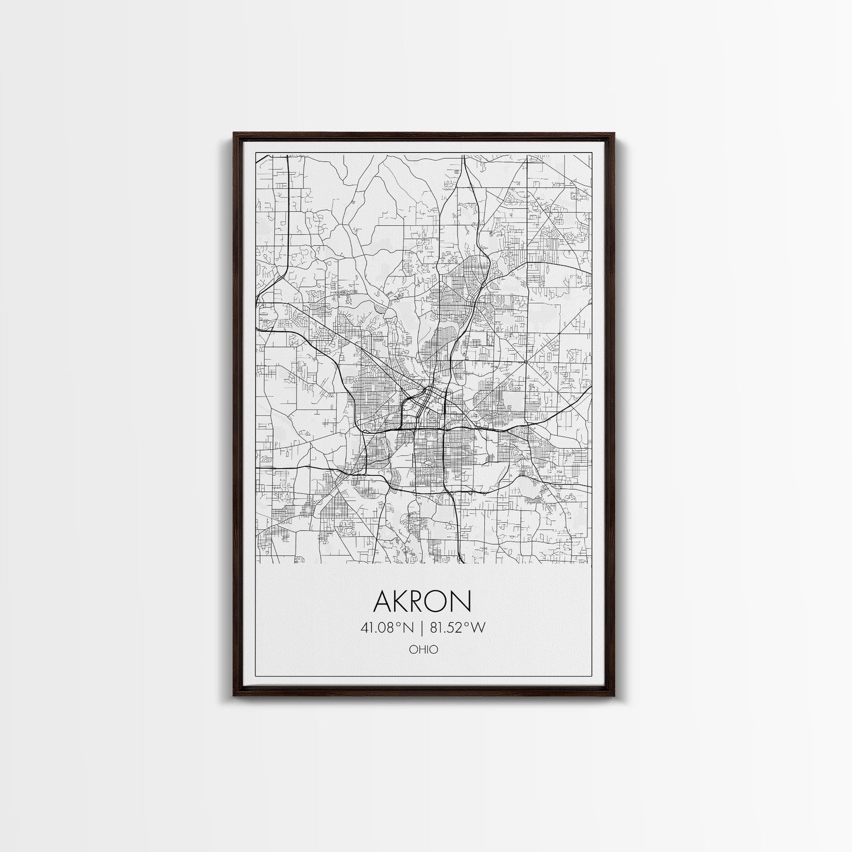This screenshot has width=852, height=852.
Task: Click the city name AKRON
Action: (422, 601)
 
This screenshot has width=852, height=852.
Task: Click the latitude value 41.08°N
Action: (389, 628)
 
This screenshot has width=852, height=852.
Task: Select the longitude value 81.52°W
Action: (458, 628)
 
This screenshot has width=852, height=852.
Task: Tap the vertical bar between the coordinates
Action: (423, 628)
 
